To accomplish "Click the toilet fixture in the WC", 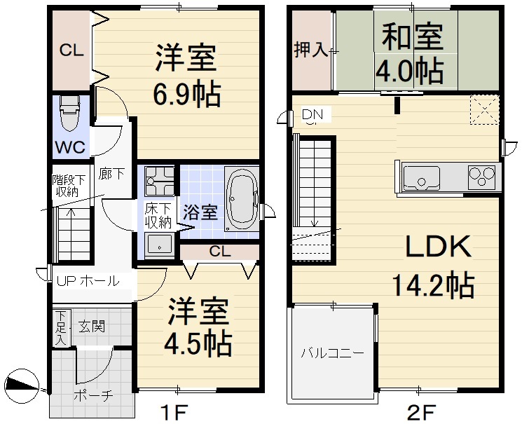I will (70, 114).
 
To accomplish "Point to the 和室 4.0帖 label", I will (411, 55).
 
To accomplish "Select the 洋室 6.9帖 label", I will (186, 76).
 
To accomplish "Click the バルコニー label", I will (332, 353).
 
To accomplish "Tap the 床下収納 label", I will (158, 215).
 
